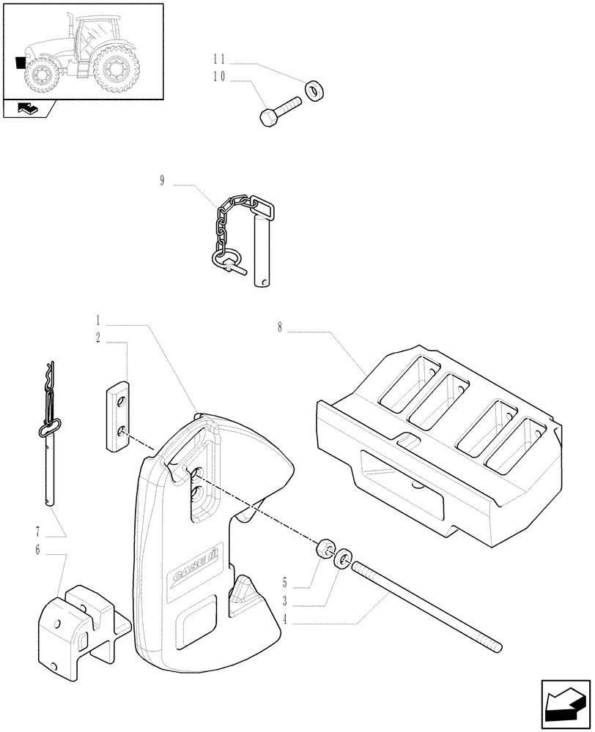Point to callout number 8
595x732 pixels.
279,327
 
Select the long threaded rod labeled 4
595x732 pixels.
425,605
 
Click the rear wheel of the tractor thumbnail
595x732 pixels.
115,70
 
